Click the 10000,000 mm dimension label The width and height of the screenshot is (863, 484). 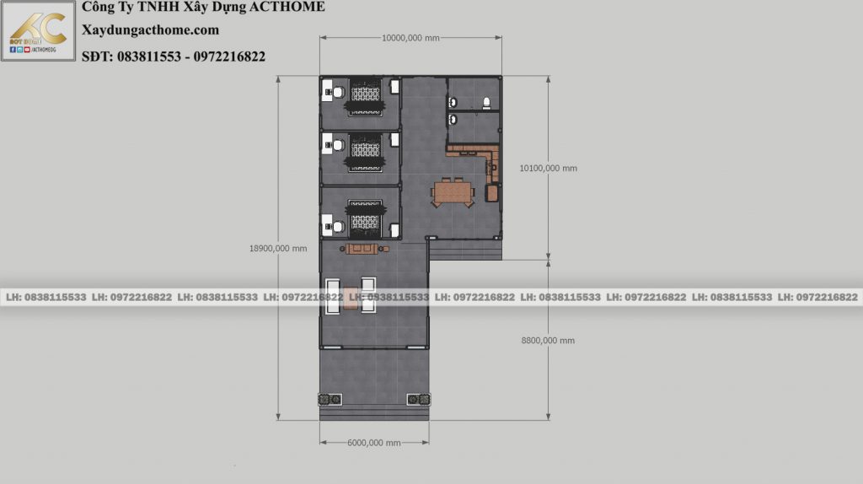[410, 38]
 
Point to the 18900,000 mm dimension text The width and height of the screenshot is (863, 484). [278, 249]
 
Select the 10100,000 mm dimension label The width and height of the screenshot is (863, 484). [548, 169]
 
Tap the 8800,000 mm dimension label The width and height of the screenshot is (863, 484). [548, 341]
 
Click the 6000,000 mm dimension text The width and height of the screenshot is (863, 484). [373, 443]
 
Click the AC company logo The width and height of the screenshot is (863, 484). [38, 30]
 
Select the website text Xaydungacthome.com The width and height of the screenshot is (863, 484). [150, 30]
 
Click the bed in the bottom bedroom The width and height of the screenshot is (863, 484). [365, 218]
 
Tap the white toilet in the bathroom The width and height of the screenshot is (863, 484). [486, 103]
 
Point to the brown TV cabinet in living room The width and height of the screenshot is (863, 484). [362, 249]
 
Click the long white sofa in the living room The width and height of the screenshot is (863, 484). [332, 296]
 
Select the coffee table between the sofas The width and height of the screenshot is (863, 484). [351, 298]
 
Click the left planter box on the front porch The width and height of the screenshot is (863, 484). [330, 399]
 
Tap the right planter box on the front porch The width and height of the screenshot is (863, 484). [418, 399]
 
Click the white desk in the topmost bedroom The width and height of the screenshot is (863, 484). [327, 90]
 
